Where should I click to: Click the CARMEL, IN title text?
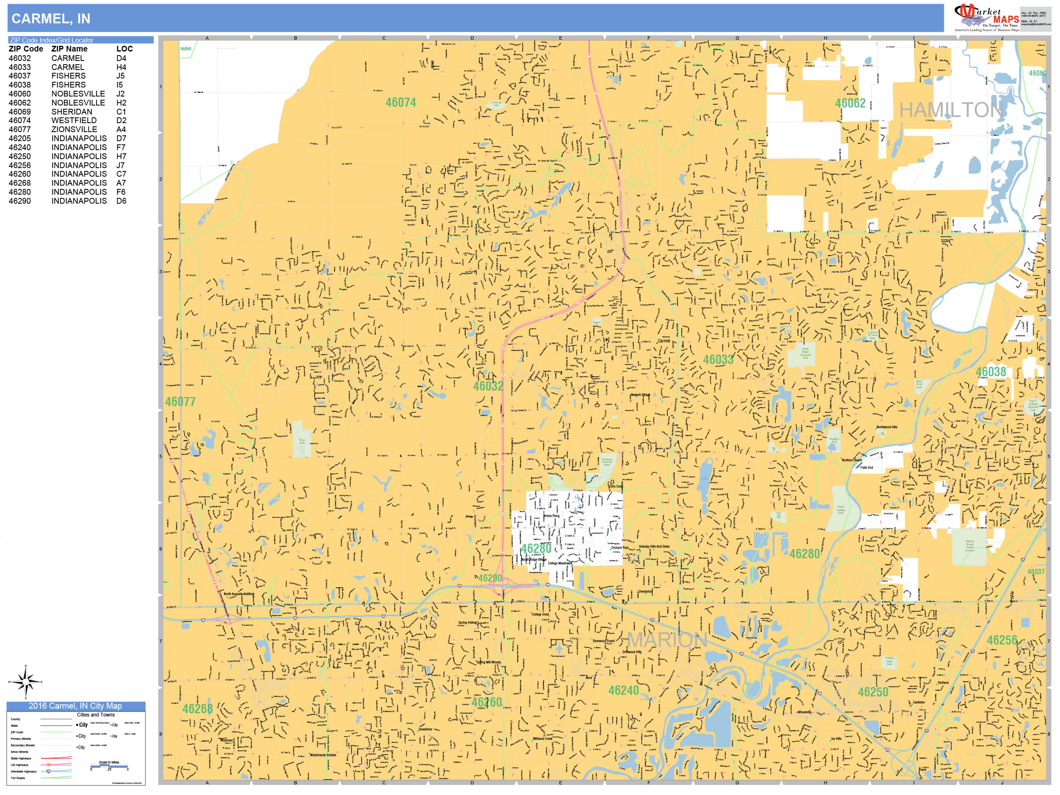point(51,19)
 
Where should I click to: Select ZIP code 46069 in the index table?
point(20,112)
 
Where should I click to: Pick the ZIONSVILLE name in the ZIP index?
point(74,129)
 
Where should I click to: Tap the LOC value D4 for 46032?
point(121,58)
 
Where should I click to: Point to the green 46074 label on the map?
point(401,103)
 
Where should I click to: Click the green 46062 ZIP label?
point(850,103)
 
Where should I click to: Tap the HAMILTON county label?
point(951,110)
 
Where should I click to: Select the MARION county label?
point(667,640)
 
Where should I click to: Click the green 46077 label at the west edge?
point(180,402)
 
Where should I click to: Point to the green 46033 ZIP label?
point(718,359)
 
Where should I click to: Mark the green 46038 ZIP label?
point(990,372)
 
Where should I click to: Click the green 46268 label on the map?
point(197,709)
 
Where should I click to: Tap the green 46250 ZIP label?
point(873,692)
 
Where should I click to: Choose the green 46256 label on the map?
point(1002,640)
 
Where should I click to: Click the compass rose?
point(26,681)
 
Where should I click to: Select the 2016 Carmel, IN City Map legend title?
point(76,706)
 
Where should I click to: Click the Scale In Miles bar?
point(109,766)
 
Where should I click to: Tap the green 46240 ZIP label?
point(623,691)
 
